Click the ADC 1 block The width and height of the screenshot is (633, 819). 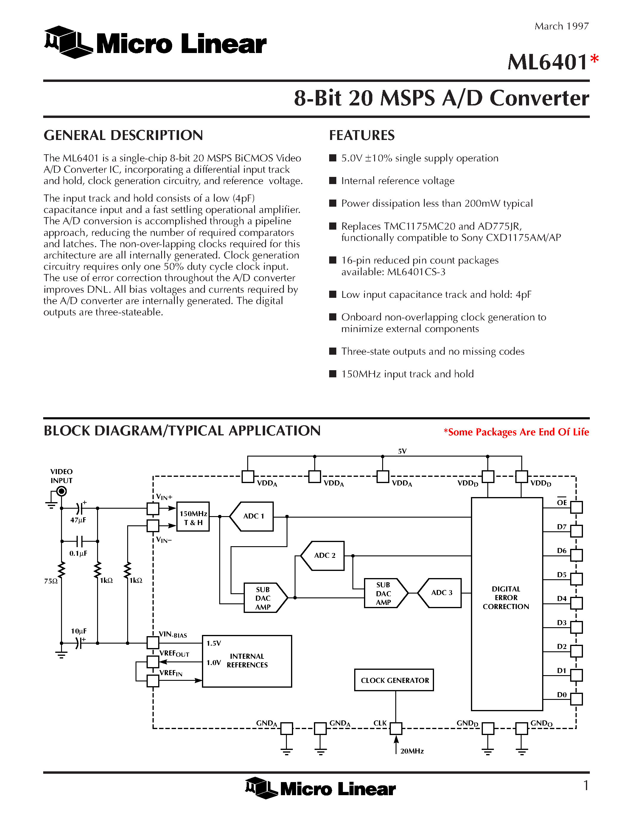(253, 516)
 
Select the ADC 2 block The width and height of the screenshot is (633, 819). (324, 555)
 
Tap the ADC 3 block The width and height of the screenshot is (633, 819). (441, 592)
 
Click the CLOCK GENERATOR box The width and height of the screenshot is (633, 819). (394, 680)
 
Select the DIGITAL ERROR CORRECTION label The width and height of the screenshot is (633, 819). (506, 597)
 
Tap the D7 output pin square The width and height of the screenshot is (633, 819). (576, 531)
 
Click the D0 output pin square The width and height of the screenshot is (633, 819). (576, 699)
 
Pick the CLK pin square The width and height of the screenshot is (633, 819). (396, 728)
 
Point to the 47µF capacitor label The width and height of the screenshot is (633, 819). (78, 520)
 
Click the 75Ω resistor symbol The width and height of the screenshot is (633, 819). (61, 570)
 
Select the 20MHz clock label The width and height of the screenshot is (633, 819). (412, 751)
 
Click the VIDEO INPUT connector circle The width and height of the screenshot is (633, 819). (61, 491)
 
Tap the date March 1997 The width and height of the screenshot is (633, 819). (562, 26)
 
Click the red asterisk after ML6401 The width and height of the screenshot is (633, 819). (594, 59)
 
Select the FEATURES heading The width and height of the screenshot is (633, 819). (362, 136)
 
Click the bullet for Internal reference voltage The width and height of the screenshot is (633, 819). (333, 181)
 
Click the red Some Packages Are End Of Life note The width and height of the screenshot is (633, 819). (516, 432)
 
